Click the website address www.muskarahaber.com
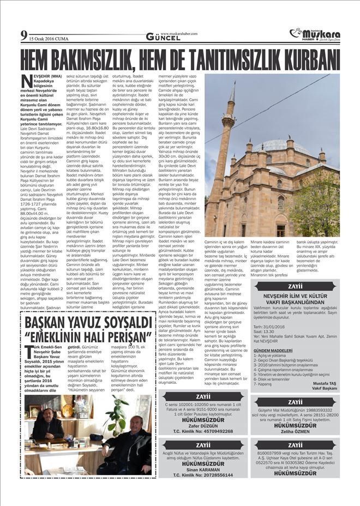[x=179, y=33]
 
